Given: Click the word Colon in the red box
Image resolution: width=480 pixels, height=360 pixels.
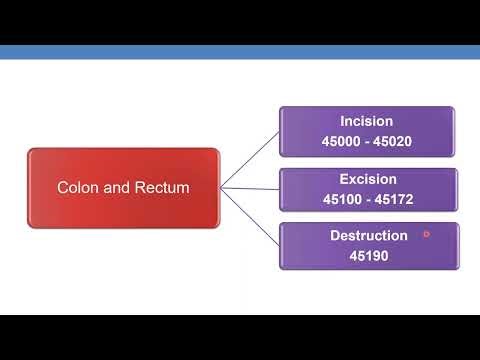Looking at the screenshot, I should point(77,187).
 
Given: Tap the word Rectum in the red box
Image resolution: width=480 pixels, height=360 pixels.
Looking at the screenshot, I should point(160,187).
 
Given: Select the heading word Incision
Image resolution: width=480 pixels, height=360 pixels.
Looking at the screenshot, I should point(368,122).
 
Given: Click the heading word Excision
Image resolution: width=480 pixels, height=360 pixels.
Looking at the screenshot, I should point(368,180).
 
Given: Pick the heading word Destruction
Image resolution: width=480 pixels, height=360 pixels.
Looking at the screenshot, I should point(368,236).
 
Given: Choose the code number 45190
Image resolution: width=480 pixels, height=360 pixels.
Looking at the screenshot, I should point(368,255).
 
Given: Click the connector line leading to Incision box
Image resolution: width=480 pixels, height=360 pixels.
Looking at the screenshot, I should point(250,160).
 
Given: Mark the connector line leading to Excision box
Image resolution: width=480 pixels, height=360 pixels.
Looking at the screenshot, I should point(250,188).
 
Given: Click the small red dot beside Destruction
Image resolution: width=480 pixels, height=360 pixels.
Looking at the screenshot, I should point(426,234).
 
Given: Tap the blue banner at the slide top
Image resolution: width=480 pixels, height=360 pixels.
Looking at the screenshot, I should point(240,52).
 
